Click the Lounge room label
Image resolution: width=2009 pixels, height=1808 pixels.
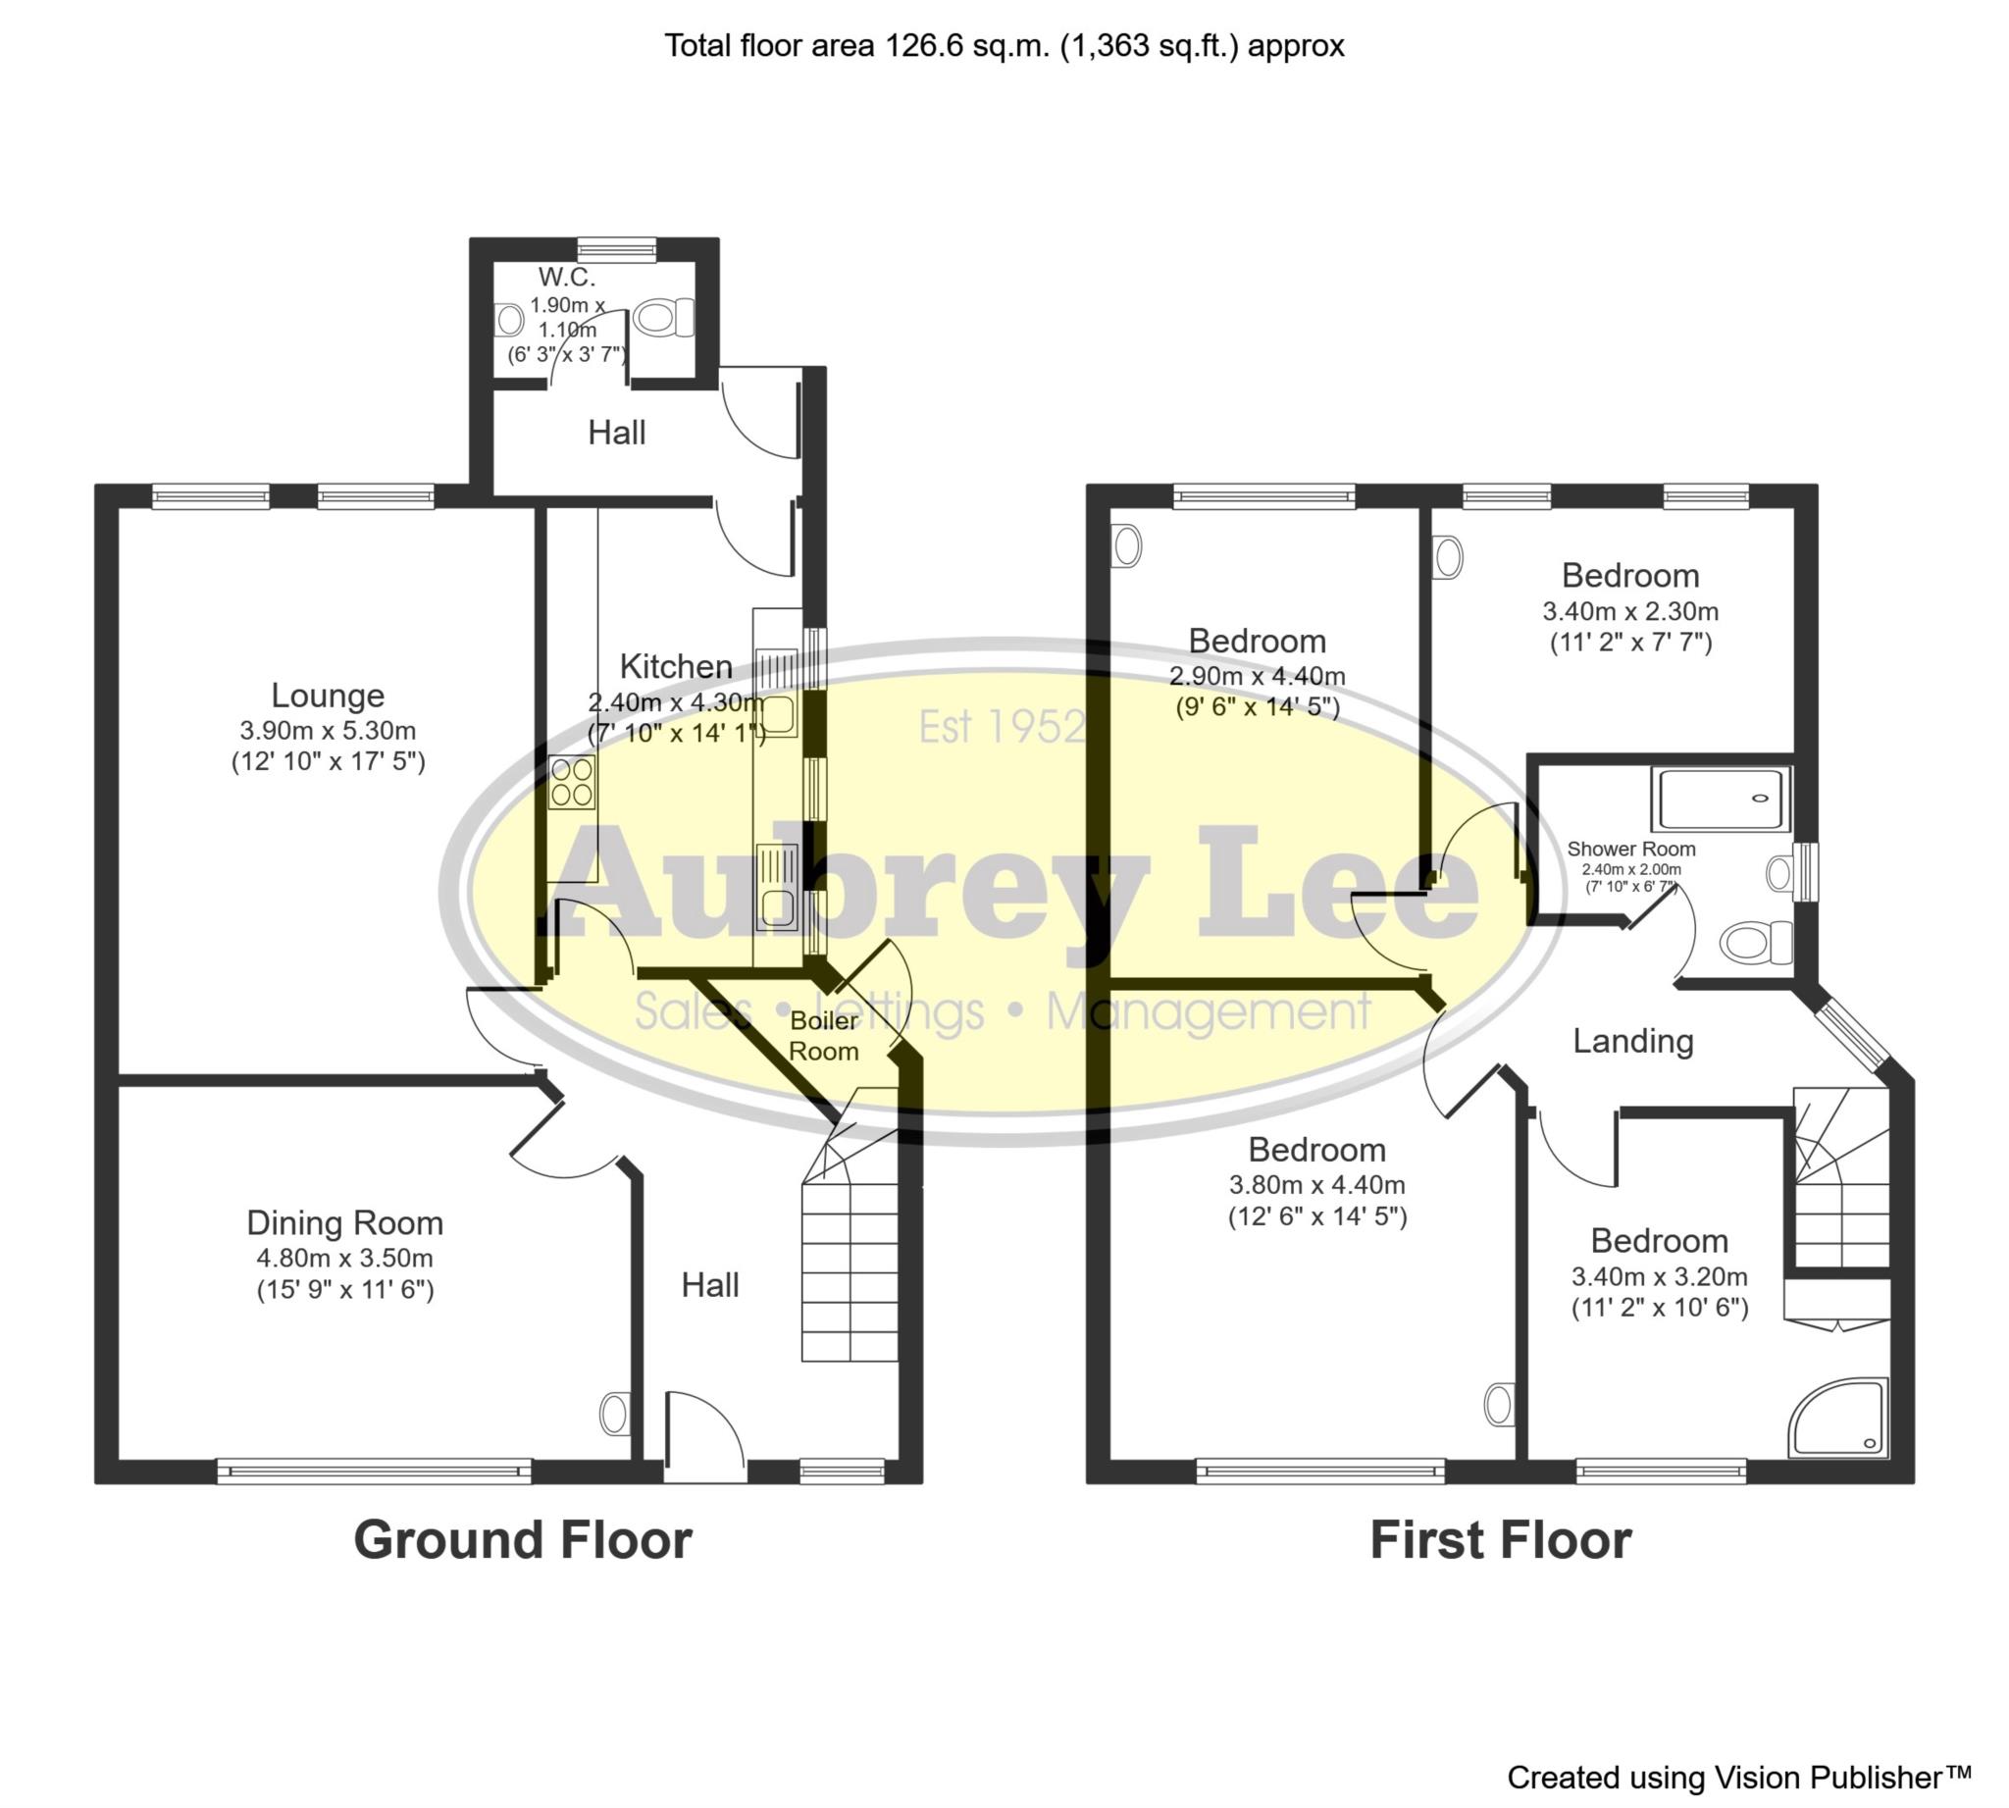327,696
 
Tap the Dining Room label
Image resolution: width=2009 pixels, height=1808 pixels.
344,1222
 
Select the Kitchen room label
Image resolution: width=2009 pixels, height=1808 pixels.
676,665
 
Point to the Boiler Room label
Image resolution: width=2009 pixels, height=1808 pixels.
824,1035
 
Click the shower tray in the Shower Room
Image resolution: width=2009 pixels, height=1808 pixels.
1720,798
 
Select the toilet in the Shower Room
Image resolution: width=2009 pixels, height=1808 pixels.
1758,941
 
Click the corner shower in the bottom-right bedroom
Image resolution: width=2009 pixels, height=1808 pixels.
1837,1418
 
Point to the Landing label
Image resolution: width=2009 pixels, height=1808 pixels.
1633,1041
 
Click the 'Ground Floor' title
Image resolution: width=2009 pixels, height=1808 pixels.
523,1541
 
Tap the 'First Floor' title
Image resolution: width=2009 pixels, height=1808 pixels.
1500,1541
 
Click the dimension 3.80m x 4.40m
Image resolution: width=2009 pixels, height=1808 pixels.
1316,1184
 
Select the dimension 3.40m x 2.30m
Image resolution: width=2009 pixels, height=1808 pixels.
1630,611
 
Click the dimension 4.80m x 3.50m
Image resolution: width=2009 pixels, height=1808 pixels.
344,1258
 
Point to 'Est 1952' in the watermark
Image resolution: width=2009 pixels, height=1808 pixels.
1002,726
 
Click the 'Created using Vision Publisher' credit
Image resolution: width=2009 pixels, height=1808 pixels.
1739,1777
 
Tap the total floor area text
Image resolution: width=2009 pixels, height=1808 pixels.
1004,46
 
